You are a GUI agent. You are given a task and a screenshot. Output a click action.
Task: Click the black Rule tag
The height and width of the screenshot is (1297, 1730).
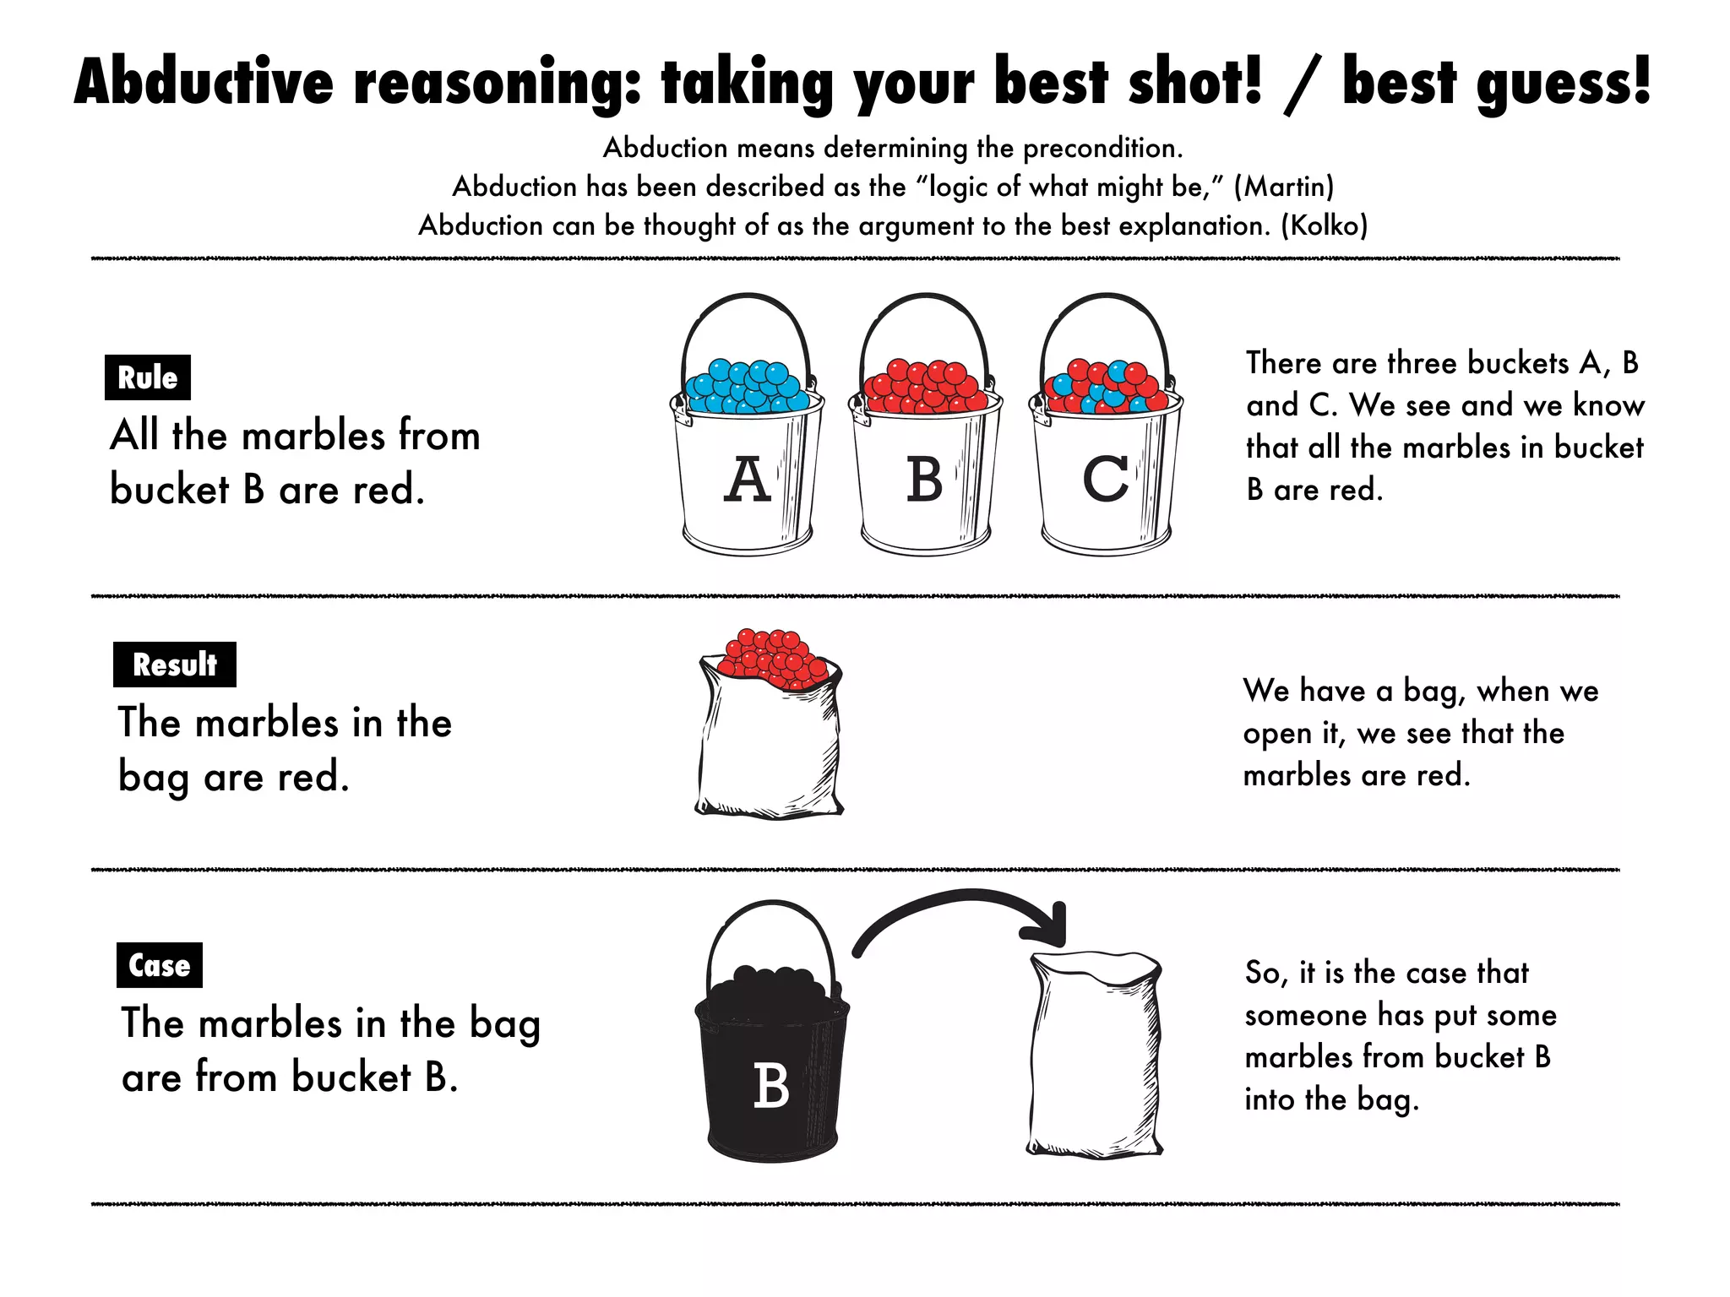coord(147,377)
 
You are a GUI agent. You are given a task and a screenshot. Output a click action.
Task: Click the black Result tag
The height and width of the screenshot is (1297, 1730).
coord(174,665)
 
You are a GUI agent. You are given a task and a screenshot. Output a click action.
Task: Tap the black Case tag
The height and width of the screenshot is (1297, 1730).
coord(159,965)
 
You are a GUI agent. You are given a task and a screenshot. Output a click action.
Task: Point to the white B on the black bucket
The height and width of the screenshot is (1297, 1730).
coord(770,1086)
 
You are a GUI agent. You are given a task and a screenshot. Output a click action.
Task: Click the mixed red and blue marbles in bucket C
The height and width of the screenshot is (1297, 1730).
coord(1105,388)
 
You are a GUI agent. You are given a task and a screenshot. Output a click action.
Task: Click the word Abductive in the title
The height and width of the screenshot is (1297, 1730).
coord(204,82)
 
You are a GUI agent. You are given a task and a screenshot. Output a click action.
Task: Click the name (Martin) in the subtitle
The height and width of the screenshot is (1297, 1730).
coord(1283,187)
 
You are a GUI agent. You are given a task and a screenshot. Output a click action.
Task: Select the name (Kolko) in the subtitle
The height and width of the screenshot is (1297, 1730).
coord(1324,225)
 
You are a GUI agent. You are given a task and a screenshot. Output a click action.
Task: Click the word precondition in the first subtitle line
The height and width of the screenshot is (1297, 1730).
coord(1102,149)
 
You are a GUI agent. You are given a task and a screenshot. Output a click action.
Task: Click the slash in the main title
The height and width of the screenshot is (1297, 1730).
coord(1301,84)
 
